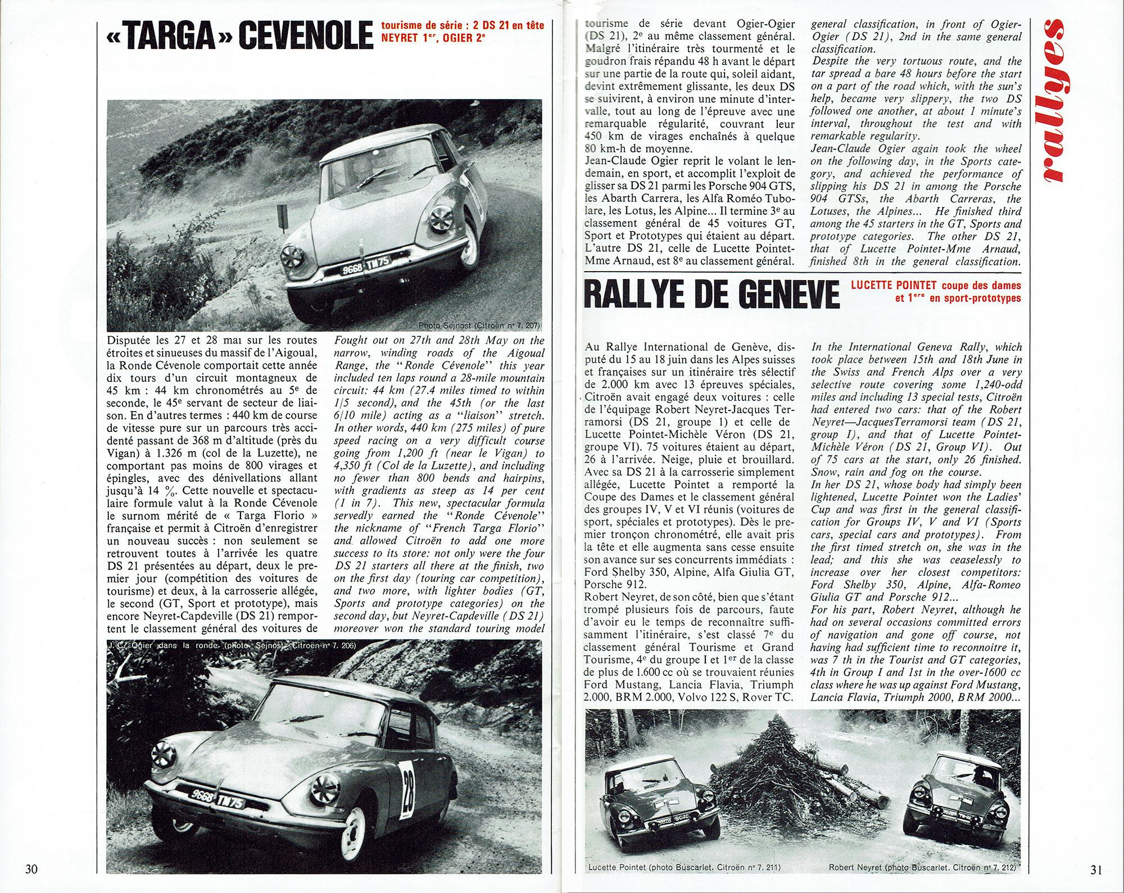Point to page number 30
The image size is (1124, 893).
point(31,869)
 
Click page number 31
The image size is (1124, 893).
point(1096,869)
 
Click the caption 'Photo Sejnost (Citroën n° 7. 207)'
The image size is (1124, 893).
point(479,325)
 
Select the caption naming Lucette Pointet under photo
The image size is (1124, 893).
point(684,867)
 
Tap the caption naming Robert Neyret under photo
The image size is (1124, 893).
point(922,867)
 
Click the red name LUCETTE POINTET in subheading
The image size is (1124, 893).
point(894,285)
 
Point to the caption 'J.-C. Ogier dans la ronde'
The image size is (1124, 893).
point(163,646)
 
